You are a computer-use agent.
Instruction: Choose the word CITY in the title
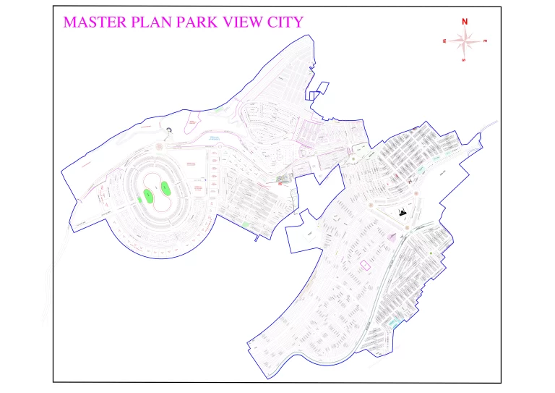click(285, 22)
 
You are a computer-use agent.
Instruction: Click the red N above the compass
click(465, 21)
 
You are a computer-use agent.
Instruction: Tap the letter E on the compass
click(485, 41)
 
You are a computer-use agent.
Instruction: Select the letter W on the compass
click(444, 41)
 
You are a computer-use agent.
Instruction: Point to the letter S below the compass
click(464, 60)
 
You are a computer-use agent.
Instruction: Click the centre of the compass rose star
click(465, 41)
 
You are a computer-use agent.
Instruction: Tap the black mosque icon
click(403, 212)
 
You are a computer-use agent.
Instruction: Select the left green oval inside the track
click(148, 195)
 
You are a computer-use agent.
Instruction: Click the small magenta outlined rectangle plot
click(365, 265)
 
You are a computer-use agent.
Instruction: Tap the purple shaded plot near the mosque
click(392, 236)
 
